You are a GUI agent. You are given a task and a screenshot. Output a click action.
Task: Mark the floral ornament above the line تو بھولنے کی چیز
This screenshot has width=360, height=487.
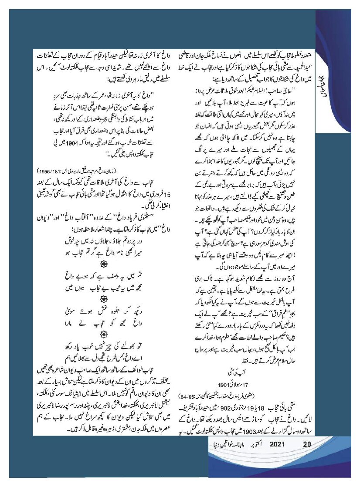pos(103,334)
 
